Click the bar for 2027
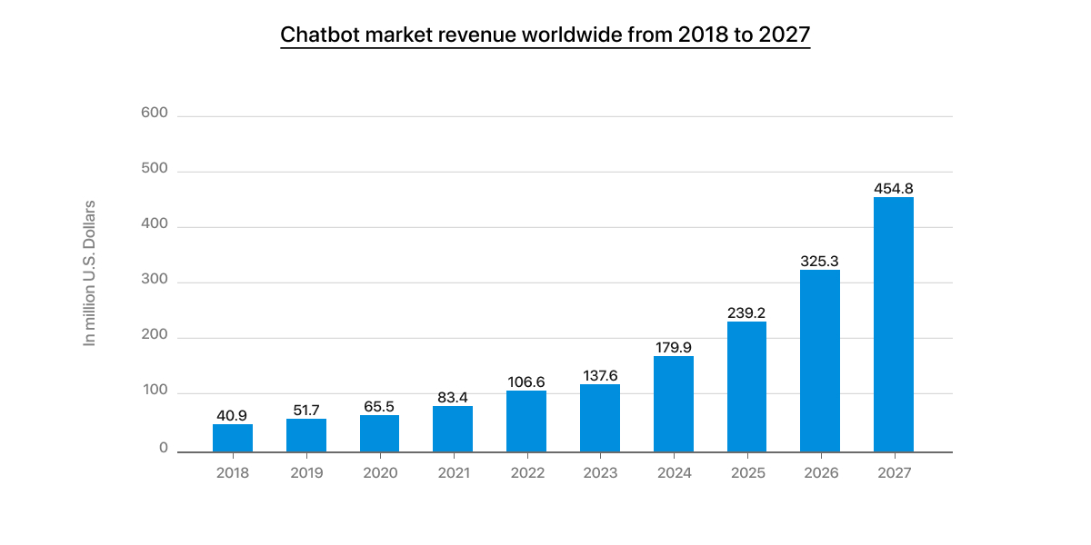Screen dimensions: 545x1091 coord(893,324)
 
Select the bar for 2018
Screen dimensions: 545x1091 coord(233,438)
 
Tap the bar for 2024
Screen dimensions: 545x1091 coord(673,403)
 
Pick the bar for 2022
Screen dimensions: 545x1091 coord(526,421)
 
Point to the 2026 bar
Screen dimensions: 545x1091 coord(820,361)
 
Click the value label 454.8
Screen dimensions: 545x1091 coord(893,188)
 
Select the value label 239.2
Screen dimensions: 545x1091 coord(746,312)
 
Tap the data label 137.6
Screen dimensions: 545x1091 coord(600,375)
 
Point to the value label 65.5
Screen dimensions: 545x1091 coord(379,406)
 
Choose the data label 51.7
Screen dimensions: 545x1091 coord(306,410)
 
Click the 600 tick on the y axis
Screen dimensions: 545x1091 coord(155,114)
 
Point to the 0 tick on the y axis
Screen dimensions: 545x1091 coord(164,448)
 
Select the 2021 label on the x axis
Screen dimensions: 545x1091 coord(453,473)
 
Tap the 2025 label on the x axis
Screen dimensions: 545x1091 coord(746,473)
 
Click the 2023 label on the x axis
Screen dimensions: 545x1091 coord(600,473)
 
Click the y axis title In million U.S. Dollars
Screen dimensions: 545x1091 coord(89,272)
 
